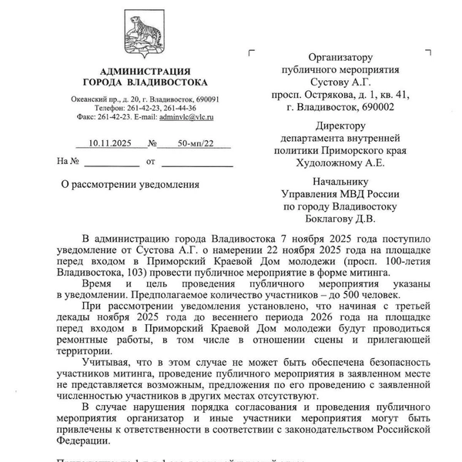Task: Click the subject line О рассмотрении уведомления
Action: pos(130,185)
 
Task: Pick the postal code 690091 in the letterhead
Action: pos(204,99)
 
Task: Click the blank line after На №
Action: pos(112,162)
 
